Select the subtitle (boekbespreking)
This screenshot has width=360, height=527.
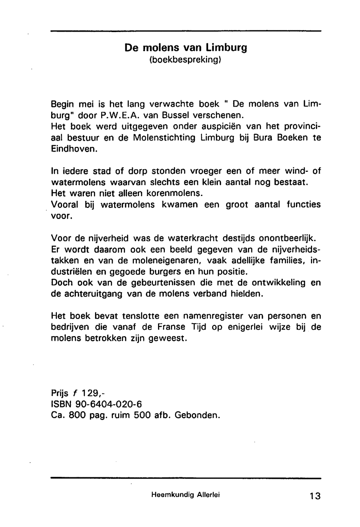click(185, 59)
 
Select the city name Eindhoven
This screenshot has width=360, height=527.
click(74, 149)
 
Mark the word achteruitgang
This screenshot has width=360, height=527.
click(93, 294)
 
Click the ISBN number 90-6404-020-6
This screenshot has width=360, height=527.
click(107, 404)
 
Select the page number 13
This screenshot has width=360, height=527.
click(314, 496)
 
